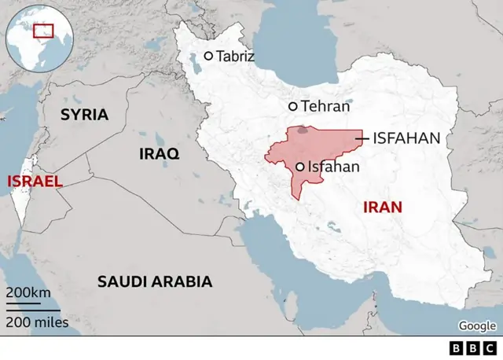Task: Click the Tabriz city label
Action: [235, 56]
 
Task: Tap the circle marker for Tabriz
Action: [208, 56]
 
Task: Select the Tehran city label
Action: [325, 105]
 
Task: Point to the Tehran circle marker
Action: [293, 106]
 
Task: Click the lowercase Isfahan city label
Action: [333, 167]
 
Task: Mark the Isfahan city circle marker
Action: [300, 167]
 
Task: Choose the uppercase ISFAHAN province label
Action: [406, 138]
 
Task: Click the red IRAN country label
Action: [382, 208]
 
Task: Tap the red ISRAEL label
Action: [34, 182]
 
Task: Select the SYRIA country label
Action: [85, 115]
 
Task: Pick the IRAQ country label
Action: [159, 153]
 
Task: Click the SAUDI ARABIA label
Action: [154, 281]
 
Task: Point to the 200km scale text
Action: [28, 292]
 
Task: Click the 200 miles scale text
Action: [37, 322]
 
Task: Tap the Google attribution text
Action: [478, 326]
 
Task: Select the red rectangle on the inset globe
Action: [43, 31]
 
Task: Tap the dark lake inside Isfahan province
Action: [303, 130]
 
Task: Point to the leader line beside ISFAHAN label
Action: [362, 138]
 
